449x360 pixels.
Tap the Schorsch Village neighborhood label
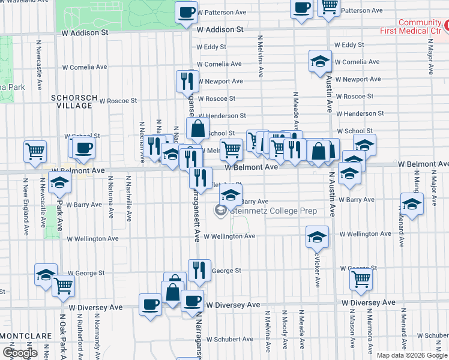(71, 101)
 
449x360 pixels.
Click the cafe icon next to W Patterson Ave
(187, 11)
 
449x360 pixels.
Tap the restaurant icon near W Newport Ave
(187, 80)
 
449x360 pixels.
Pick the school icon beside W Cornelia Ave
(321, 61)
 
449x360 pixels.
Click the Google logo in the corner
(20, 353)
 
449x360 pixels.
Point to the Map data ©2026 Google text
(411, 355)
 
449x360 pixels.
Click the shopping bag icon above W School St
(197, 128)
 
